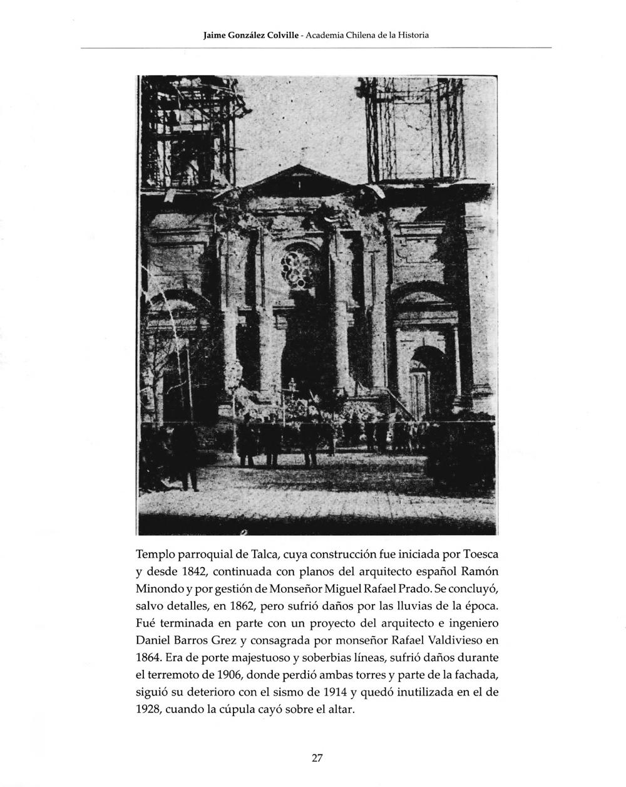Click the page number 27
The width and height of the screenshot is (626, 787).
pyautogui.click(x=317, y=758)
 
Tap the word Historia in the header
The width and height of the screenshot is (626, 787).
pyautogui.click(x=411, y=35)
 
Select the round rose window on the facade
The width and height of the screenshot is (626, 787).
pyautogui.click(x=297, y=268)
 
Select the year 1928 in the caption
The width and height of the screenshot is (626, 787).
pyautogui.click(x=150, y=711)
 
